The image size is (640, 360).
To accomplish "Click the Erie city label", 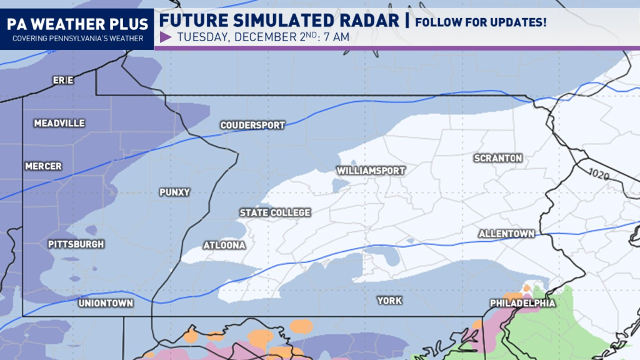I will point(62,81).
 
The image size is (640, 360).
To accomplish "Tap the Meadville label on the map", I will point(59,123).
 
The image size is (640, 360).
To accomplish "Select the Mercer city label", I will point(44,166).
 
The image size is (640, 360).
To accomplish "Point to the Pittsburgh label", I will point(76,244).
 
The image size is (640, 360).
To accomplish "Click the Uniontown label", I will point(106,303).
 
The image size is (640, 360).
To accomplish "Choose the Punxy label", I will point(174,192).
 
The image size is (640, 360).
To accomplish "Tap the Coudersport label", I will point(252,125).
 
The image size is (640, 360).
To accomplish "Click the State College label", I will point(275,213).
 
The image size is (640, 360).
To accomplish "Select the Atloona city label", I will point(224,246).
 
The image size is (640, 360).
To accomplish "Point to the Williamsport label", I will point(371,171).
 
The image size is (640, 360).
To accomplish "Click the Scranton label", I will point(498,158).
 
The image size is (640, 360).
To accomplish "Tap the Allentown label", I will point(506,234).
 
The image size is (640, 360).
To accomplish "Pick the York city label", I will point(389,301).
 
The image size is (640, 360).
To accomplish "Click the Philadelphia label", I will point(522,303).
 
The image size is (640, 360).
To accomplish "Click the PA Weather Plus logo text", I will point(77,24).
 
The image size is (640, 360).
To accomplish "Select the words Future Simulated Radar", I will point(279,21).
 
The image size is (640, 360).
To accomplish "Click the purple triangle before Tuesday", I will point(166,37).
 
